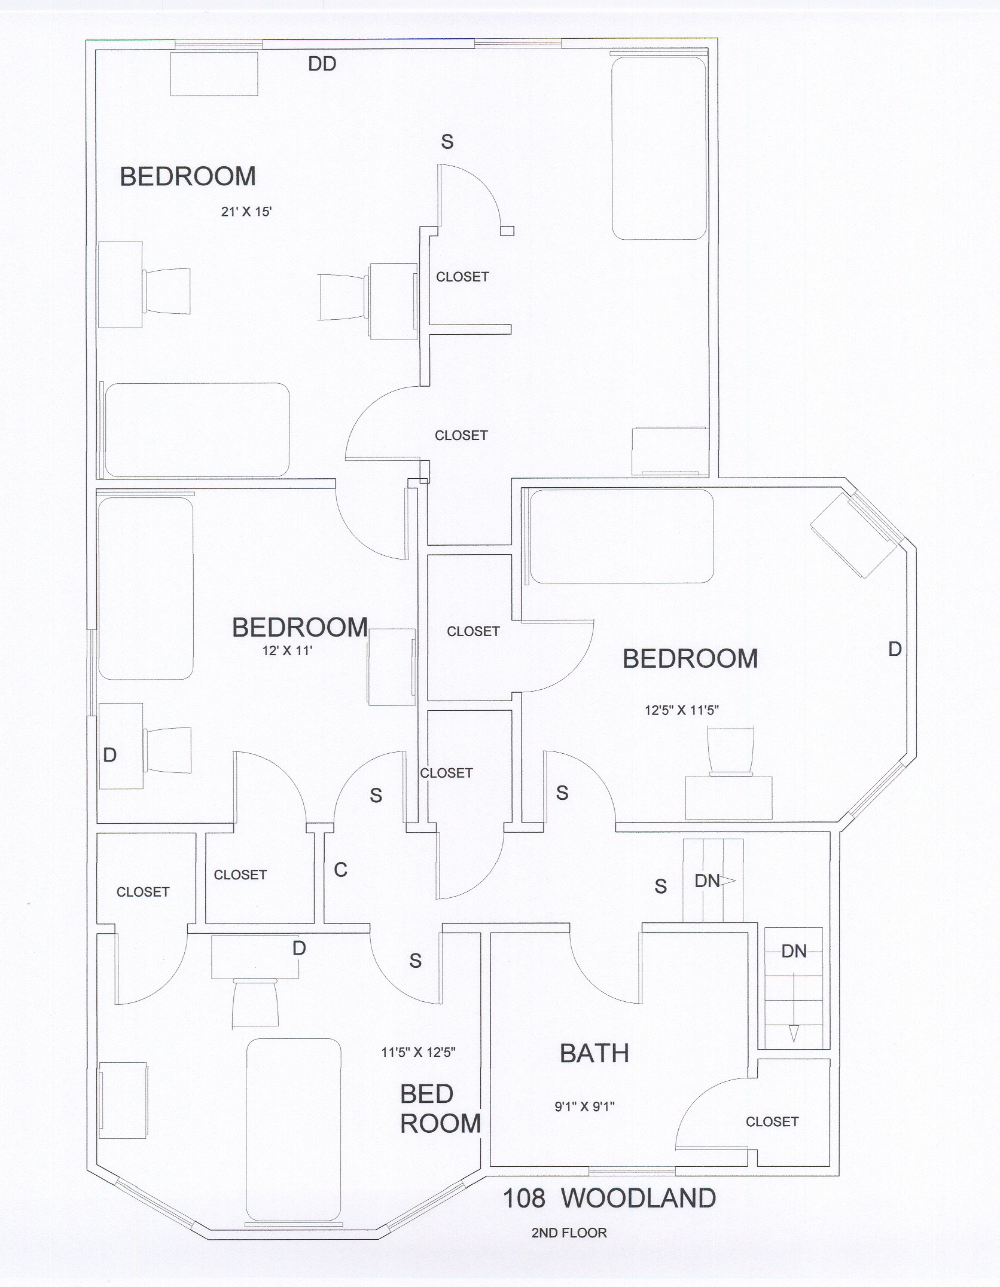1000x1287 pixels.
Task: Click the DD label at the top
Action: [322, 64]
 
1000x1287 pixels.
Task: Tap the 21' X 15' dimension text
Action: [246, 212]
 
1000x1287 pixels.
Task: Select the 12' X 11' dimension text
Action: [287, 651]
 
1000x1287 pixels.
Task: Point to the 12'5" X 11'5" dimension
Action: [681, 710]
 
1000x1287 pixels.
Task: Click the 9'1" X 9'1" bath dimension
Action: [584, 1106]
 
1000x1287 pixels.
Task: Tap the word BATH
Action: [594, 1054]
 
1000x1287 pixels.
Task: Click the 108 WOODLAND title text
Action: [609, 1199]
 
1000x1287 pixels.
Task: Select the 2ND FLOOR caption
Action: [569, 1233]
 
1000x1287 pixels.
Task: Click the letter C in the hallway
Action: [340, 870]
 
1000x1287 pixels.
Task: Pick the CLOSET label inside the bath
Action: [772, 1122]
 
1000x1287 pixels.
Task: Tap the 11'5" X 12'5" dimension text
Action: [418, 1053]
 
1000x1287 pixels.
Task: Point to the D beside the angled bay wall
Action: [895, 649]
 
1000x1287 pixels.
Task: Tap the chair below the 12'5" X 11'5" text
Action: [730, 751]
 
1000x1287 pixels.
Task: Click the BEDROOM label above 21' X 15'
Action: [188, 176]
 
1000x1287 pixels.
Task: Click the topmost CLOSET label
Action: [462, 277]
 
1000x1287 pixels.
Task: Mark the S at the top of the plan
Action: [447, 142]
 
